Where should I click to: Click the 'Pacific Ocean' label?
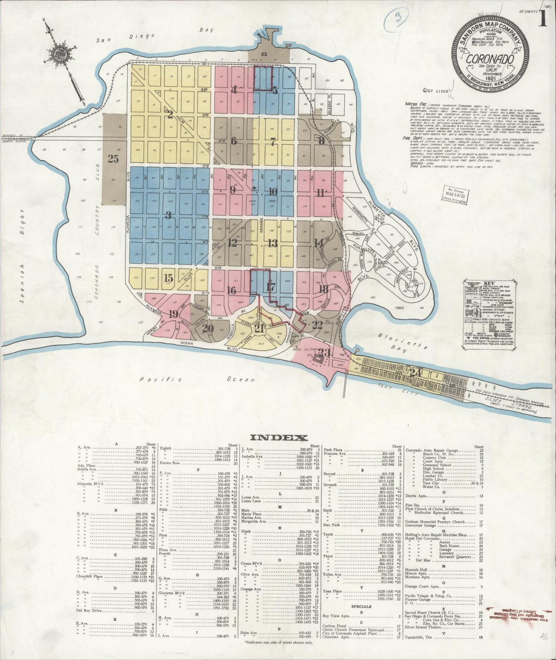coord(197,380)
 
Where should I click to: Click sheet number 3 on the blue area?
coord(168,215)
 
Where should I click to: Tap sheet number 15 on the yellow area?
coord(168,277)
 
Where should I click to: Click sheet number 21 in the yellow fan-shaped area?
coord(259,328)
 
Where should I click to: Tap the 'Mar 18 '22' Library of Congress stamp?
coord(454,194)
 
